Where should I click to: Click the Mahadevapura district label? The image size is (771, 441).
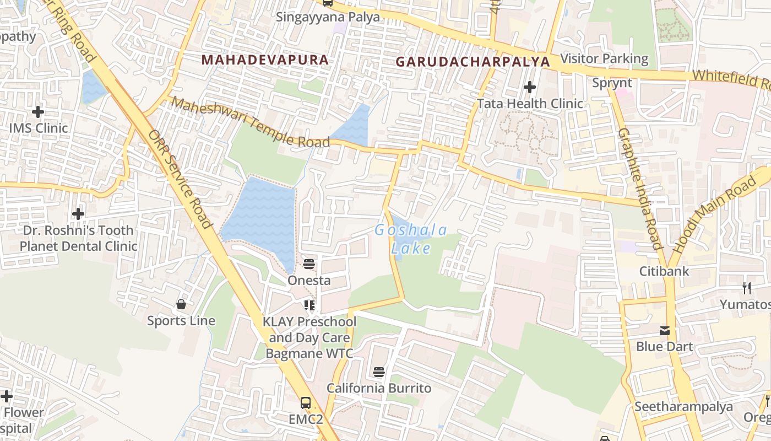click(265, 60)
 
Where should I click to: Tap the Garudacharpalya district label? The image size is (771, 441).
click(473, 61)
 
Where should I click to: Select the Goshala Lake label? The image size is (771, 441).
click(411, 239)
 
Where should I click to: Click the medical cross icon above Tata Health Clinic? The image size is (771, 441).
click(530, 87)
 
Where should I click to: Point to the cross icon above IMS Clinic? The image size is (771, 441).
click(38, 112)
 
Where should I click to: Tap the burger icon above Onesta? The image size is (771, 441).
click(309, 263)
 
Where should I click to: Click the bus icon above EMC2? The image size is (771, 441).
click(306, 403)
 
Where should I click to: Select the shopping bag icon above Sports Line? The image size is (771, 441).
click(181, 304)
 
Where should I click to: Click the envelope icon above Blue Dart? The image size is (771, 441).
click(665, 331)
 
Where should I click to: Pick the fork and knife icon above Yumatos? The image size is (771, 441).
click(747, 288)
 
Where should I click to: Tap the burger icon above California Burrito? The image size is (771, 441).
click(378, 372)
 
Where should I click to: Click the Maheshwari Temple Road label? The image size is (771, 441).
click(251, 122)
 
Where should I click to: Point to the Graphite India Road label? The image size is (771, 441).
click(639, 189)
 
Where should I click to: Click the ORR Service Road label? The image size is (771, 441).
click(180, 179)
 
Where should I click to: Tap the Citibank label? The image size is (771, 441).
click(664, 271)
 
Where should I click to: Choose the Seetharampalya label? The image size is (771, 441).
click(683, 407)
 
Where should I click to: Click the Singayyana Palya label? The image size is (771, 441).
click(328, 17)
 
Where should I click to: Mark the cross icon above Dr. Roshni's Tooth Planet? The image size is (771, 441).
click(78, 213)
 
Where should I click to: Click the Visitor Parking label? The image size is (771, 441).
click(604, 58)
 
